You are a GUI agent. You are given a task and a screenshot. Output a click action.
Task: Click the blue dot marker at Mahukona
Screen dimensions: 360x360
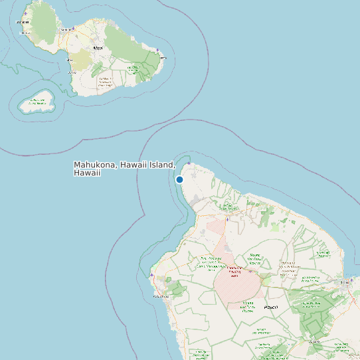click(x=179, y=179)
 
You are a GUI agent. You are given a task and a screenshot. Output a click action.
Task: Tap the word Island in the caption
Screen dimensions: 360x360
click(x=162, y=165)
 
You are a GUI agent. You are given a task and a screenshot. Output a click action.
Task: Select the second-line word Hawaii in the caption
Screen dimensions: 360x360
click(x=87, y=173)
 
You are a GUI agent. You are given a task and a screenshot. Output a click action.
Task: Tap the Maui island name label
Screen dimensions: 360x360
click(x=98, y=48)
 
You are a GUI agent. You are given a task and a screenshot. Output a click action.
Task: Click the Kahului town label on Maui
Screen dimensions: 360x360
click(x=66, y=30)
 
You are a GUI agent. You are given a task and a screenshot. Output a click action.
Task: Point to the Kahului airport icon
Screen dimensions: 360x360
click(x=74, y=29)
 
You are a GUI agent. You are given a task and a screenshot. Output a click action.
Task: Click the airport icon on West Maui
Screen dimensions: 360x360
click(x=25, y=13)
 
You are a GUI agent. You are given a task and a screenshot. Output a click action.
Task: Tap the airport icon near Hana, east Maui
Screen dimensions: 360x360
click(x=157, y=50)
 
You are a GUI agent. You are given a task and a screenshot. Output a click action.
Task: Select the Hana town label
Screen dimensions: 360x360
click(x=161, y=58)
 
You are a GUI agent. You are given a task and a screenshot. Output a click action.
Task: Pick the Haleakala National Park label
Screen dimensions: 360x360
click(x=104, y=82)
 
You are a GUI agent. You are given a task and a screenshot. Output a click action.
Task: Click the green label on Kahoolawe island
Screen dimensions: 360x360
click(x=37, y=102)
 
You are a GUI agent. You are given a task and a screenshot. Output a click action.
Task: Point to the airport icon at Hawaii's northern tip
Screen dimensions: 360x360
click(x=189, y=163)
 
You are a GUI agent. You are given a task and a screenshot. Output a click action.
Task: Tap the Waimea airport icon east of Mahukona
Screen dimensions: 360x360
click(x=228, y=219)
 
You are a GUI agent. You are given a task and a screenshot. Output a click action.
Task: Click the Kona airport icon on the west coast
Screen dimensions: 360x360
click(x=152, y=274)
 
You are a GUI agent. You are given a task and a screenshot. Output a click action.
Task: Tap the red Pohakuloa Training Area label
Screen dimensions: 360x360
click(x=234, y=270)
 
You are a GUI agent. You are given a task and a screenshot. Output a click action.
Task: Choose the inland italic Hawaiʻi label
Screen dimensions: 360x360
click(x=270, y=308)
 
